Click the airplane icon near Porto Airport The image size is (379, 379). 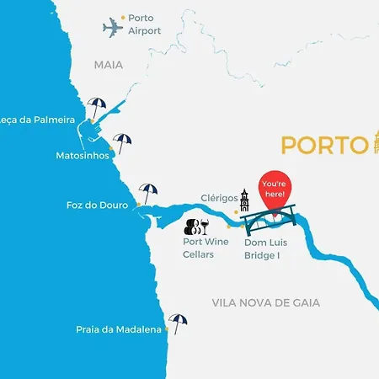click(x=113, y=27)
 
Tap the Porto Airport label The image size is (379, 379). click(x=144, y=24)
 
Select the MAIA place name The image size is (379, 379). click(x=108, y=64)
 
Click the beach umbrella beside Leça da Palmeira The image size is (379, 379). click(x=98, y=107)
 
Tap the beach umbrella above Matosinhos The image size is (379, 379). click(x=123, y=142)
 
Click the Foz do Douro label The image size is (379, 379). click(x=97, y=205)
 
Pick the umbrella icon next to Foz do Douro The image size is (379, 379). click(x=148, y=193)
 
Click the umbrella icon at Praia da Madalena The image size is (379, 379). click(x=178, y=323)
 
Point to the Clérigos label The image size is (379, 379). click(x=217, y=199)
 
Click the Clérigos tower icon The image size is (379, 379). click(x=244, y=200)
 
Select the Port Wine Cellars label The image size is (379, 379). click(x=206, y=248)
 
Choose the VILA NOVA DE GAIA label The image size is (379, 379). click(x=266, y=302)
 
